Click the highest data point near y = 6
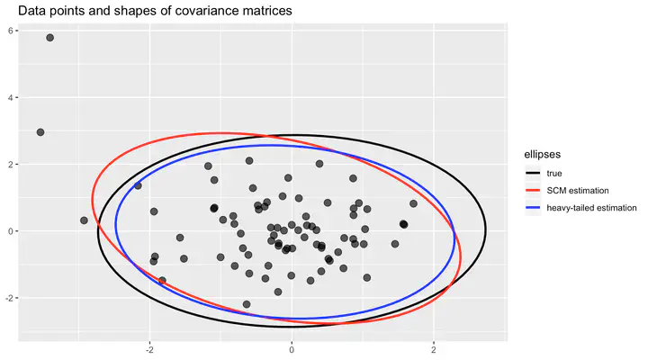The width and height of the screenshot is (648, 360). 50,38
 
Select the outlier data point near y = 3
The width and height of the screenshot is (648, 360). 40,132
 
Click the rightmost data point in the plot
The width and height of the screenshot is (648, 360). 413,203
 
